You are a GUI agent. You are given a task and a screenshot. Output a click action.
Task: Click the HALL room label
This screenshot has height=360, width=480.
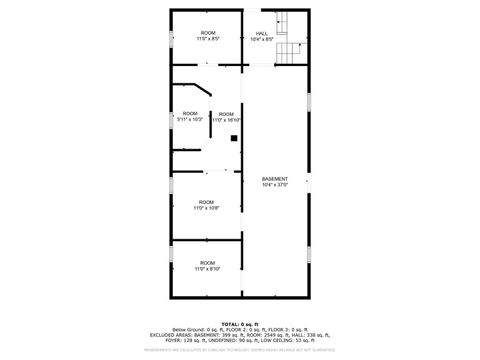pyautogui.click(x=261, y=34)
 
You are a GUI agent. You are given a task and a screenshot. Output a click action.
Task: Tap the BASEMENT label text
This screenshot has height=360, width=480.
pyautogui.click(x=274, y=179)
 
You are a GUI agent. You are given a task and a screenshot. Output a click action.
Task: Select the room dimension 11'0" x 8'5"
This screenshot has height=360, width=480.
pyautogui.click(x=207, y=39)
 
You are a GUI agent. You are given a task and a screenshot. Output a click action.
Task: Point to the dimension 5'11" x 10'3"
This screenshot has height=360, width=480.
pyautogui.click(x=190, y=119)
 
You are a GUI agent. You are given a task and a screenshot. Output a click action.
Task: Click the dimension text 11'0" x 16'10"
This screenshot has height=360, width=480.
pyautogui.click(x=226, y=119)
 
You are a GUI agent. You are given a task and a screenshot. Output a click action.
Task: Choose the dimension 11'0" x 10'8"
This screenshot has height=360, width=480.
pyautogui.click(x=206, y=208)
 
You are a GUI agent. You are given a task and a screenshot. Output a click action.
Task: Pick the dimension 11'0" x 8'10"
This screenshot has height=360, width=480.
pyautogui.click(x=206, y=268)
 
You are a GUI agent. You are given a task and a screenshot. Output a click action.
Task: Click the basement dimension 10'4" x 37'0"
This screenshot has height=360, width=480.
pyautogui.click(x=274, y=185)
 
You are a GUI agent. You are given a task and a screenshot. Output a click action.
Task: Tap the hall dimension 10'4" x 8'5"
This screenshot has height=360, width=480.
pyautogui.click(x=261, y=39)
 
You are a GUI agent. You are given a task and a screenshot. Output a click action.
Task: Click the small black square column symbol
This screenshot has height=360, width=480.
pyautogui.click(x=233, y=138)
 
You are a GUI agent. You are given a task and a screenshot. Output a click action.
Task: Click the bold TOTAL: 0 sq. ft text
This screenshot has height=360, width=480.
pyautogui.click(x=240, y=324)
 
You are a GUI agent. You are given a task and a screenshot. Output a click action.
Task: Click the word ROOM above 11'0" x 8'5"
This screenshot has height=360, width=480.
pyautogui.click(x=207, y=33)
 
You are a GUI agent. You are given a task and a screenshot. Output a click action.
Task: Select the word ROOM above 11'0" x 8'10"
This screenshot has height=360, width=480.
pyautogui.click(x=206, y=262)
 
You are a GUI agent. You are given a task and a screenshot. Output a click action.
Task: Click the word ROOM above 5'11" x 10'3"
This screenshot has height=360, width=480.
pyautogui.click(x=190, y=113)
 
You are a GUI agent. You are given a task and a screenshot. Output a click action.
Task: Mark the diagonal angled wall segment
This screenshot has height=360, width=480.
pyautogui.click(x=203, y=90)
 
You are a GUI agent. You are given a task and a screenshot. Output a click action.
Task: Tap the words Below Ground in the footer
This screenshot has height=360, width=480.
pyautogui.click(x=188, y=329)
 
